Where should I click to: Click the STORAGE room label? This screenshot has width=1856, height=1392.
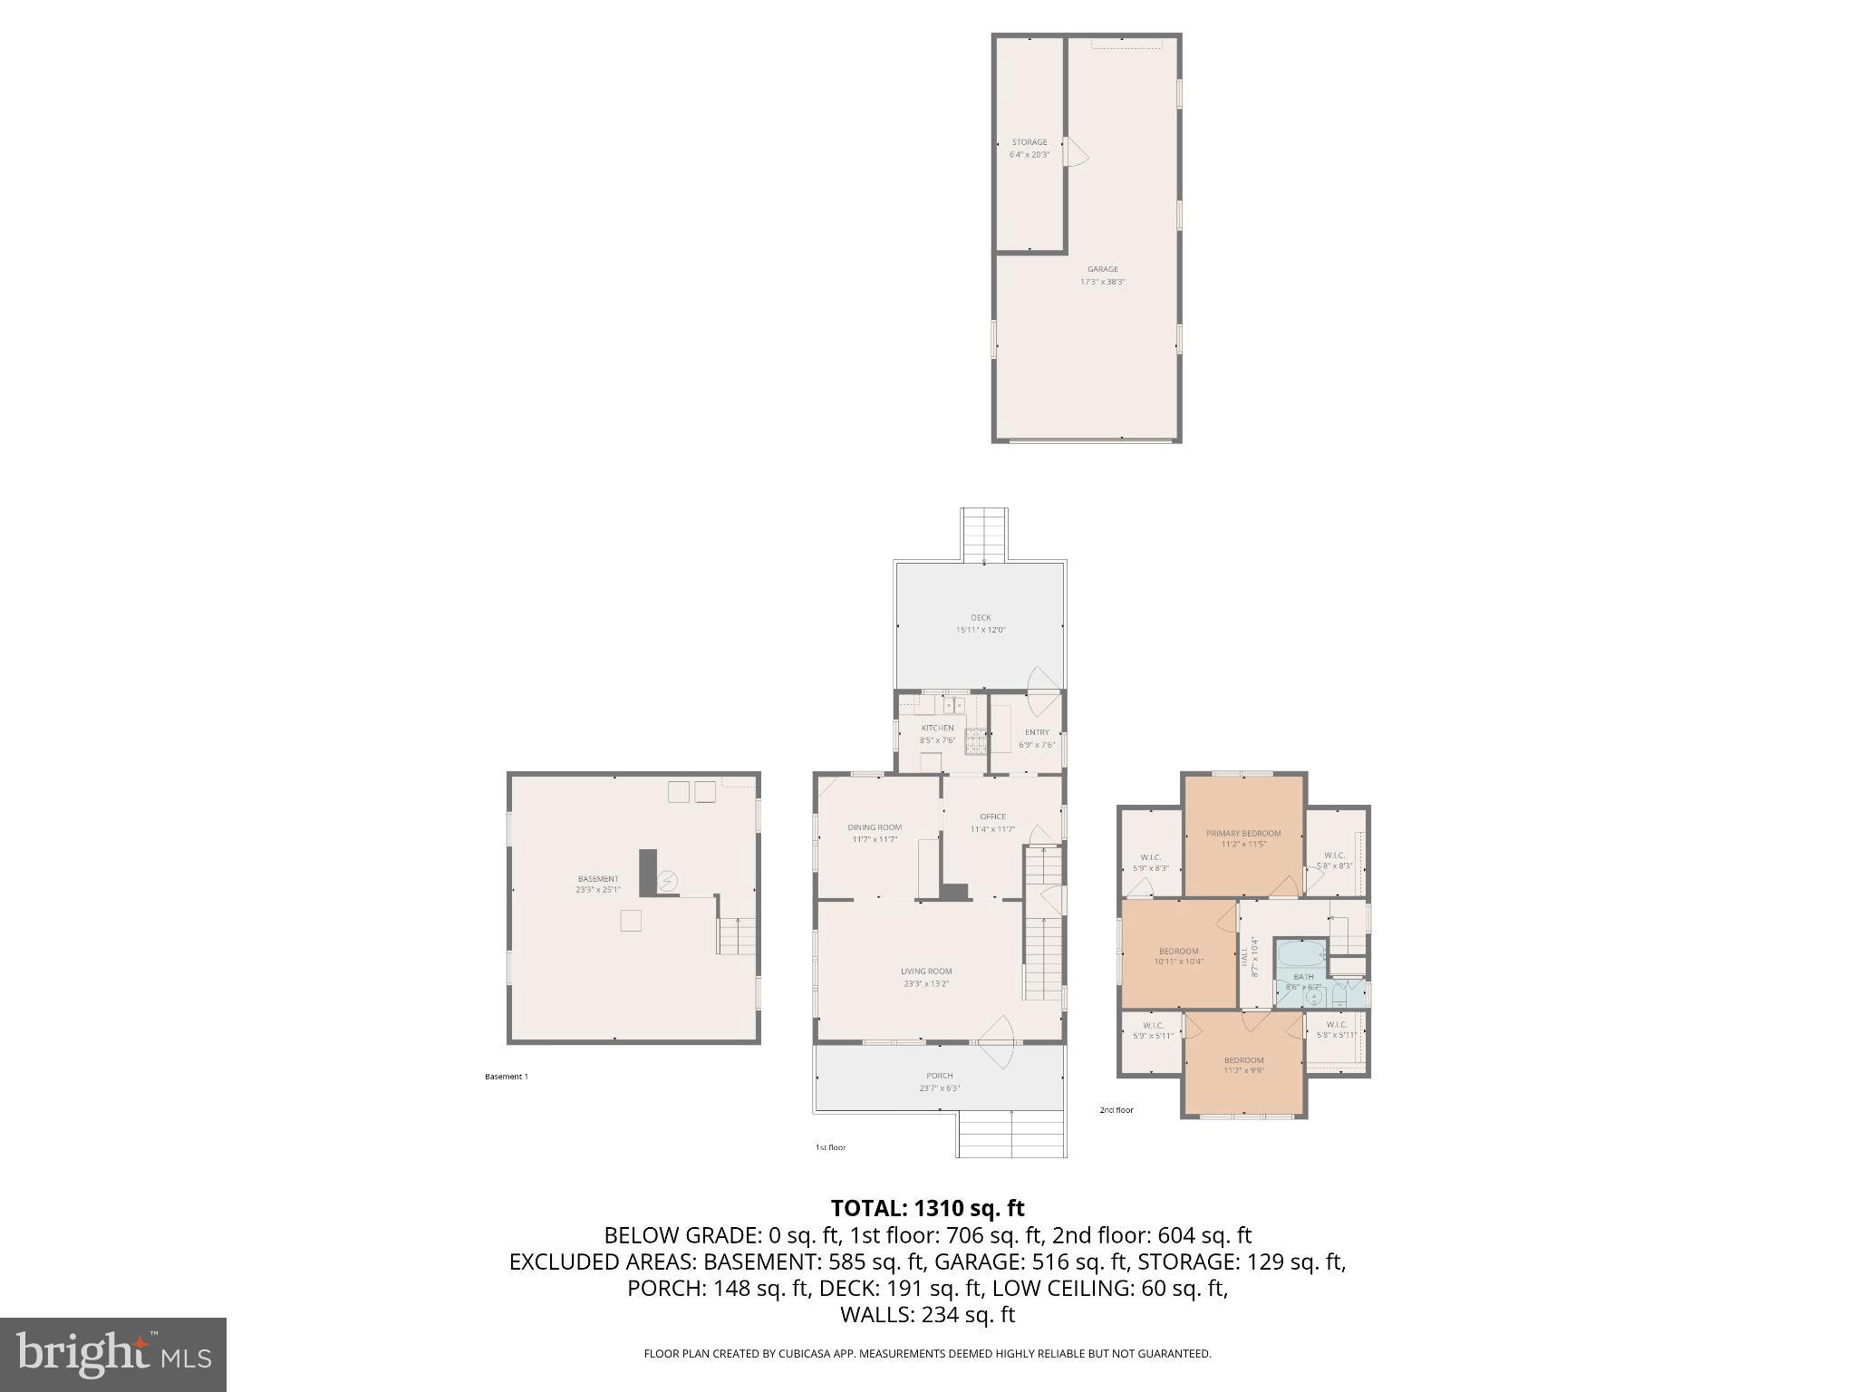(1029, 142)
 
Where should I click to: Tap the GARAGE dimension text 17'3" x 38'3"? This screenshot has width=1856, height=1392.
(1102, 282)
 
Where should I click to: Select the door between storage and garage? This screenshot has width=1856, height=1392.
(1076, 153)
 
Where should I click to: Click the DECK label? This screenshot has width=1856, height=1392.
(981, 618)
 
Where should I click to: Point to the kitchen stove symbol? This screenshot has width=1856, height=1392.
(976, 740)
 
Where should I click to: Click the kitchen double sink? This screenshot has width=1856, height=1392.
(954, 704)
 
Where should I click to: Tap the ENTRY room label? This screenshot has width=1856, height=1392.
(1037, 732)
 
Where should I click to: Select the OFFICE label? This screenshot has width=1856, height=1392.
(992, 817)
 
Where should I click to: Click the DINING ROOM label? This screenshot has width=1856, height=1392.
(875, 826)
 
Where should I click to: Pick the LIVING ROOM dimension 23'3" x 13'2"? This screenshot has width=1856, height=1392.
(926, 983)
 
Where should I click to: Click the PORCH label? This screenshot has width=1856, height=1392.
(940, 1076)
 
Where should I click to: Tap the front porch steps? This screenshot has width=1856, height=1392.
(1010, 1134)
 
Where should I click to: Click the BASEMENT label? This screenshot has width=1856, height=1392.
(598, 878)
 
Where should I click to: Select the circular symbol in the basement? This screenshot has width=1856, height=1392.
(668, 881)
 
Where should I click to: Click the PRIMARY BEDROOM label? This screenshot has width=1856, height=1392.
(1243, 833)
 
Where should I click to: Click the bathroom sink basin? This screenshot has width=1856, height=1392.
(1313, 997)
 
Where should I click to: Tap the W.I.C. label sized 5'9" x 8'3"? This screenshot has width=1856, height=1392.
(1151, 867)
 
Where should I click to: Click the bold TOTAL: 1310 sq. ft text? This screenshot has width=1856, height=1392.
(927, 1208)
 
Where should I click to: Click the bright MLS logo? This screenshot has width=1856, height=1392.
(113, 1354)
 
